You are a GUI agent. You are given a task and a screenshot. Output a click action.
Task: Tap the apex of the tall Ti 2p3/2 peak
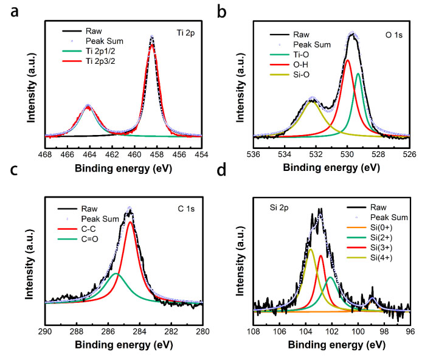(151, 38)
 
